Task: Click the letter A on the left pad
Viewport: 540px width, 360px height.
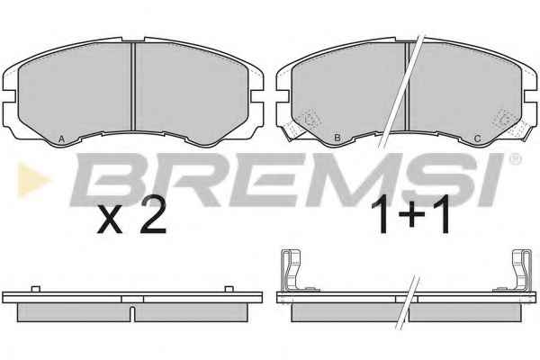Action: [61, 139]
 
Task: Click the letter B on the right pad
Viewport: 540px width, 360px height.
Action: [337, 138]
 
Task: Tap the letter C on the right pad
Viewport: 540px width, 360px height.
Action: [477, 139]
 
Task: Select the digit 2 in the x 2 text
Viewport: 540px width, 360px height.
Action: [153, 216]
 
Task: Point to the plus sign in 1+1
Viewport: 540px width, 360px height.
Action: [411, 215]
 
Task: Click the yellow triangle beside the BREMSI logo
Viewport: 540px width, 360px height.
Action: [32, 179]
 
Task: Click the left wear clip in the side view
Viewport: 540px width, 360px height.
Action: [292, 270]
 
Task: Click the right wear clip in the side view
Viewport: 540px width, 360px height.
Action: [521, 270]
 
